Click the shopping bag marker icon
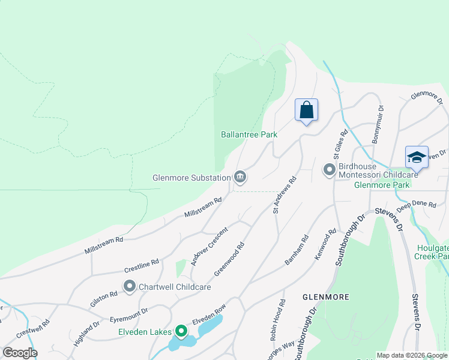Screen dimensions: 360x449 click(306, 110)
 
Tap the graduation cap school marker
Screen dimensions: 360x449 click(417, 157)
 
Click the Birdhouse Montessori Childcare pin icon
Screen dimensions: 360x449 click(329, 170)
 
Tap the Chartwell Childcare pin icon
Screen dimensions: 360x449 click(129, 287)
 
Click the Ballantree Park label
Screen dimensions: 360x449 click(249, 135)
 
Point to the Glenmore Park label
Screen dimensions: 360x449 click(382, 185)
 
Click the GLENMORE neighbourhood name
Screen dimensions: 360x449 click(326, 297)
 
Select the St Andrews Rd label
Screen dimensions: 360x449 click(285, 195)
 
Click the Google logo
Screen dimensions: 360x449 click(20, 353)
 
